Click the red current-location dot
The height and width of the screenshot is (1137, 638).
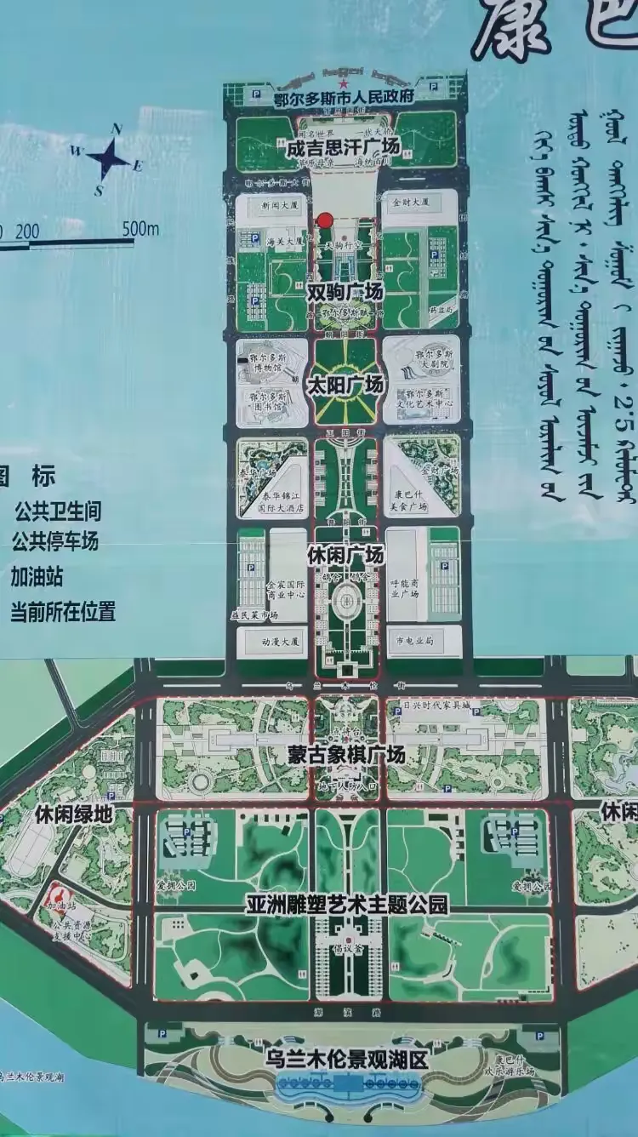[x=324, y=221]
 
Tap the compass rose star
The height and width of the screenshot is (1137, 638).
[x=109, y=158]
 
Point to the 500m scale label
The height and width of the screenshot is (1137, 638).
[x=140, y=228]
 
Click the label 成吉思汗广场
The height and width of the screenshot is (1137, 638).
[x=344, y=147]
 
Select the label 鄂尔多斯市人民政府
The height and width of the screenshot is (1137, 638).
[x=343, y=97]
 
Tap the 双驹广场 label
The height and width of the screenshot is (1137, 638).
[x=345, y=292]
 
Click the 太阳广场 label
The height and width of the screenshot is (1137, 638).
[x=345, y=385]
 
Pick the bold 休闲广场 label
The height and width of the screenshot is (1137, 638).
[x=345, y=555]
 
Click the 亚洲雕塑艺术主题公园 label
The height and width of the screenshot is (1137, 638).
[x=346, y=904]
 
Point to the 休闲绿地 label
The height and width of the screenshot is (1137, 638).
[x=74, y=814]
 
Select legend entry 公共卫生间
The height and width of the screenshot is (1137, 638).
[x=57, y=511]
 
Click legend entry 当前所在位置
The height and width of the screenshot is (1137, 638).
[x=62, y=611]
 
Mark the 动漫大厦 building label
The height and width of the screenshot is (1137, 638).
[x=259, y=641]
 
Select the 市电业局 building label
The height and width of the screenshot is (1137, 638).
[x=414, y=640]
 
